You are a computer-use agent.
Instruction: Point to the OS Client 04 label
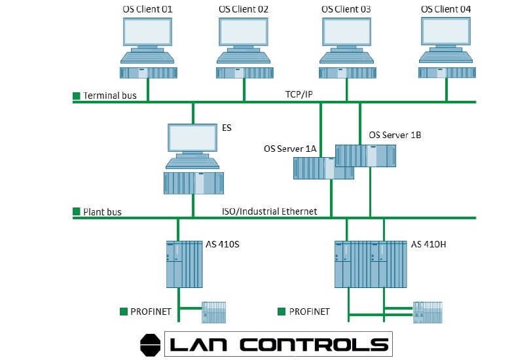click(x=446, y=9)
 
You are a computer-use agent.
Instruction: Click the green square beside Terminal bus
click(x=77, y=96)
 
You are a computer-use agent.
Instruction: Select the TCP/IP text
click(x=299, y=95)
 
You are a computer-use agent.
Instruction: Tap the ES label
click(x=227, y=128)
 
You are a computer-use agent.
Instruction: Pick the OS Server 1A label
click(x=290, y=149)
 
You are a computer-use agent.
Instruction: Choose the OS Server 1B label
click(x=395, y=135)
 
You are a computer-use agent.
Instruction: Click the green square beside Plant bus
click(x=77, y=211)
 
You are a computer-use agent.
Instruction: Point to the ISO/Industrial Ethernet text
click(x=269, y=211)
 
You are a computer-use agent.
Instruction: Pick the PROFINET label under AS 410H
click(x=309, y=311)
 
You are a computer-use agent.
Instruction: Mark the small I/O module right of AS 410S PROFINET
click(x=214, y=312)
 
